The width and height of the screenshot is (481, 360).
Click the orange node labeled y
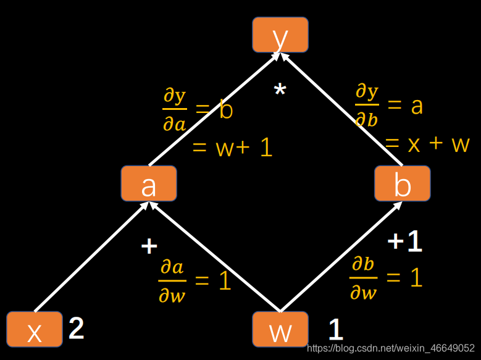(x=280, y=35)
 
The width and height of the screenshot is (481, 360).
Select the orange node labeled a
(x=149, y=183)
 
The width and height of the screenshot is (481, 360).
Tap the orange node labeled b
(x=402, y=183)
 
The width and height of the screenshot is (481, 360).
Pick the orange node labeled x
(x=35, y=329)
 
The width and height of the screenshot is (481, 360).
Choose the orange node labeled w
(x=280, y=329)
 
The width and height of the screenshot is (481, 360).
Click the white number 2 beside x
(x=77, y=329)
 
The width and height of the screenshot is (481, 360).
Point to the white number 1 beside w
(x=335, y=330)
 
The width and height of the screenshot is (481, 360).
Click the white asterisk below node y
(x=280, y=91)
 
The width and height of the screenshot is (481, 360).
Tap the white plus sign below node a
(x=149, y=246)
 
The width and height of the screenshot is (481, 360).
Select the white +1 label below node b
(x=405, y=241)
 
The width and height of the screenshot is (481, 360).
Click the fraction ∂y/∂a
(x=174, y=110)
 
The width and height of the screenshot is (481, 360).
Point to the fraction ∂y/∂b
(x=366, y=105)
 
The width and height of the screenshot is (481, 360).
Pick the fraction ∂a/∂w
(x=172, y=282)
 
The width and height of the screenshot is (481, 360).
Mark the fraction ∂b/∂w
(x=363, y=278)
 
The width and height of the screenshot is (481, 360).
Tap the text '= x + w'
(x=427, y=144)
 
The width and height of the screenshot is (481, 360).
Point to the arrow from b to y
(x=343, y=111)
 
